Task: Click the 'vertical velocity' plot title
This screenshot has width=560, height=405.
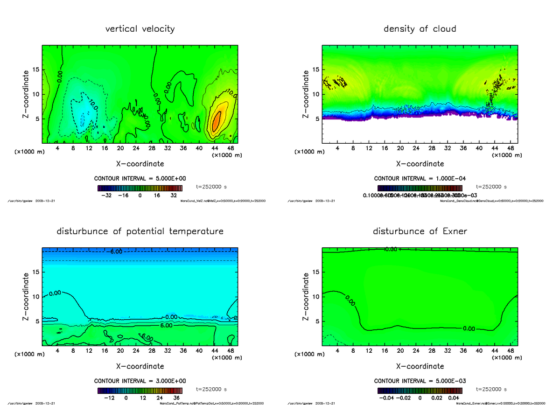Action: [140, 29]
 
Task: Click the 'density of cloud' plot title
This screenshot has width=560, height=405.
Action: [420, 29]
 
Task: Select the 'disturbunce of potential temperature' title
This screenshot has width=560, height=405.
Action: [140, 231]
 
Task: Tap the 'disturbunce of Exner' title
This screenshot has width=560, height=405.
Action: [420, 231]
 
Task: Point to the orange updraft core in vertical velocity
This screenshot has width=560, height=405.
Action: [216, 120]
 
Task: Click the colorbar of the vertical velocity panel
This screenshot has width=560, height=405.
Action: [140, 188]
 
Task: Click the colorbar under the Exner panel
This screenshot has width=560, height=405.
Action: [420, 391]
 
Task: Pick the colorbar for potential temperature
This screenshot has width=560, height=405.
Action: [140, 391]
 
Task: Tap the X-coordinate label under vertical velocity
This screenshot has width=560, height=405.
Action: [140, 164]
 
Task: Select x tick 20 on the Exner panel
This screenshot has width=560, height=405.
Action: [400, 351]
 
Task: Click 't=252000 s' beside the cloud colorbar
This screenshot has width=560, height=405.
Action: [491, 187]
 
